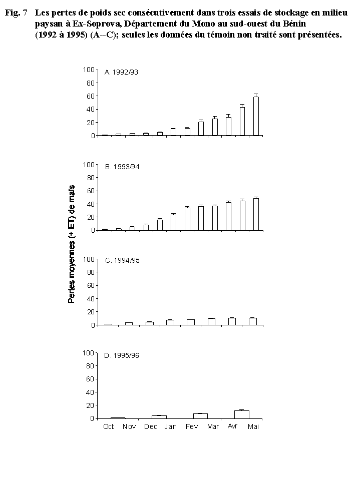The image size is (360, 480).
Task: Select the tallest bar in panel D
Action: click(x=241, y=414)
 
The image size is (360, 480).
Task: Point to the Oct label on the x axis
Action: click(x=108, y=426)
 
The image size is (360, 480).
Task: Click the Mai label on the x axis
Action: click(x=253, y=426)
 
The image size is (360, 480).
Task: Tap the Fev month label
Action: click(x=191, y=426)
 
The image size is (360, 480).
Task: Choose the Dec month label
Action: click(x=150, y=426)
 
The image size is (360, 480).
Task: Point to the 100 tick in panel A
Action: click(x=90, y=70)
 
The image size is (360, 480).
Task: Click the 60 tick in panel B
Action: click(x=92, y=191)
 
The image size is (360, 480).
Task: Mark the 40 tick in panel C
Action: click(x=92, y=299)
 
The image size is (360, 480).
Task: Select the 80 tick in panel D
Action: click(x=92, y=365)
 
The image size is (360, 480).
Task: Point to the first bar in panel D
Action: click(x=118, y=417)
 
